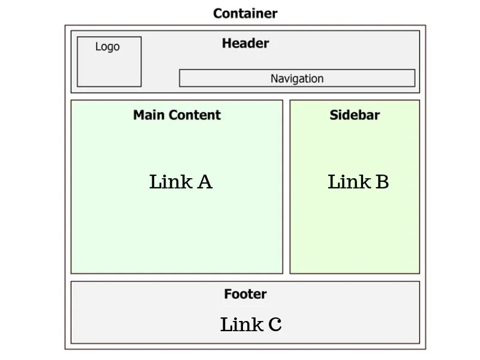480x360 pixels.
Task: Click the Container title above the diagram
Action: click(x=245, y=13)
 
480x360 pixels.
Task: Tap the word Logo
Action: click(x=107, y=47)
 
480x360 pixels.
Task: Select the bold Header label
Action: click(x=245, y=43)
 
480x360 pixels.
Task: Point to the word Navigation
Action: click(x=297, y=79)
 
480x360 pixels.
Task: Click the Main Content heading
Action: click(x=177, y=115)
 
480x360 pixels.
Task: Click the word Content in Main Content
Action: click(x=194, y=115)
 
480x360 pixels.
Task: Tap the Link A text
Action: click(x=181, y=182)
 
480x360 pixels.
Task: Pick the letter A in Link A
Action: click(x=205, y=182)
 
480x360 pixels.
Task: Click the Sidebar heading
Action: click(x=355, y=115)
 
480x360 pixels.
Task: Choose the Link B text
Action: click(x=358, y=182)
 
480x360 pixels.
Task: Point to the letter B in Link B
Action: click(x=382, y=182)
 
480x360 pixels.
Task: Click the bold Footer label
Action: click(x=245, y=294)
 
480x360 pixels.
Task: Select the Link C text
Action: click(x=251, y=324)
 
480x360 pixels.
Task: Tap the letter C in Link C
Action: click(x=275, y=325)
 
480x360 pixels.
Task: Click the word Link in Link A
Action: click(x=171, y=182)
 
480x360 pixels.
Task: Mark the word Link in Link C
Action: click(x=242, y=324)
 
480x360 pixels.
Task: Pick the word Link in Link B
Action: click(x=349, y=182)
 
